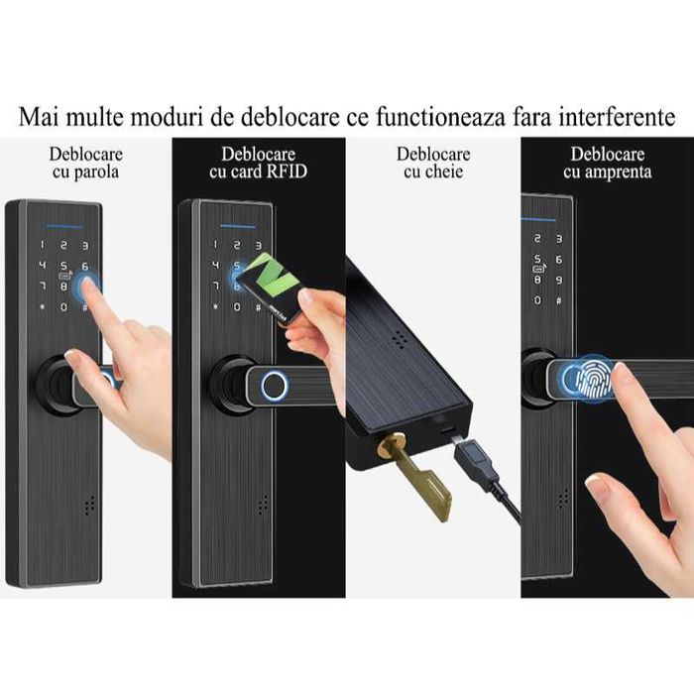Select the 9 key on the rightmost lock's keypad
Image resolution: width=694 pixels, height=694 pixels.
[x=560, y=281]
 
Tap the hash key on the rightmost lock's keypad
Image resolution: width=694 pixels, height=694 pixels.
[x=560, y=300]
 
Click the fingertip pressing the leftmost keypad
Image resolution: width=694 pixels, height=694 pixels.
[x=89, y=285]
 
